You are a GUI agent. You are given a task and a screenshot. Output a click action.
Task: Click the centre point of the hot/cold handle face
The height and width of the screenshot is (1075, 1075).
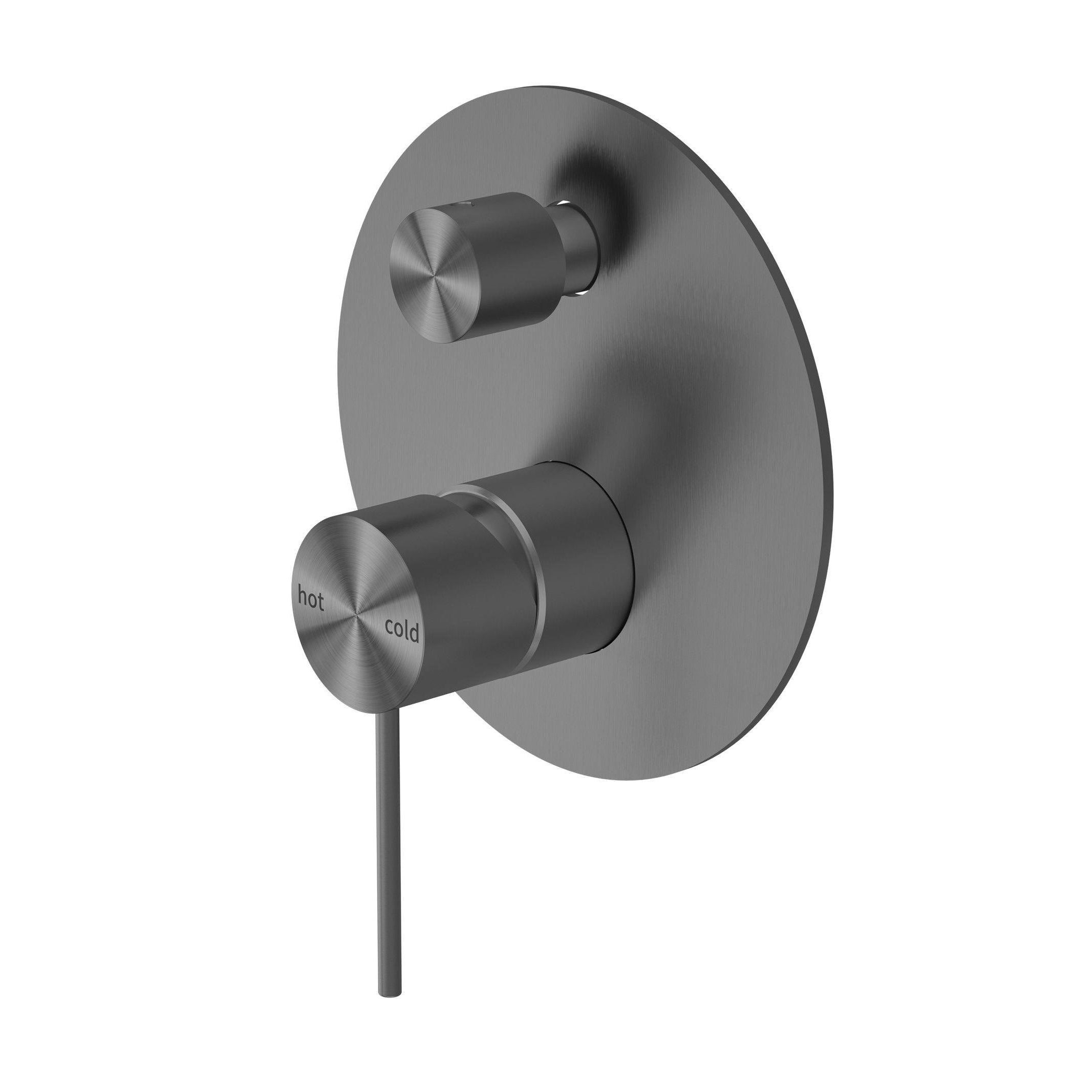[x=355, y=614]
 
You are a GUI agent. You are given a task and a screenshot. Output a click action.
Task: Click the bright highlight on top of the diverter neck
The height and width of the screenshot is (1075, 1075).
[x=567, y=201]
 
